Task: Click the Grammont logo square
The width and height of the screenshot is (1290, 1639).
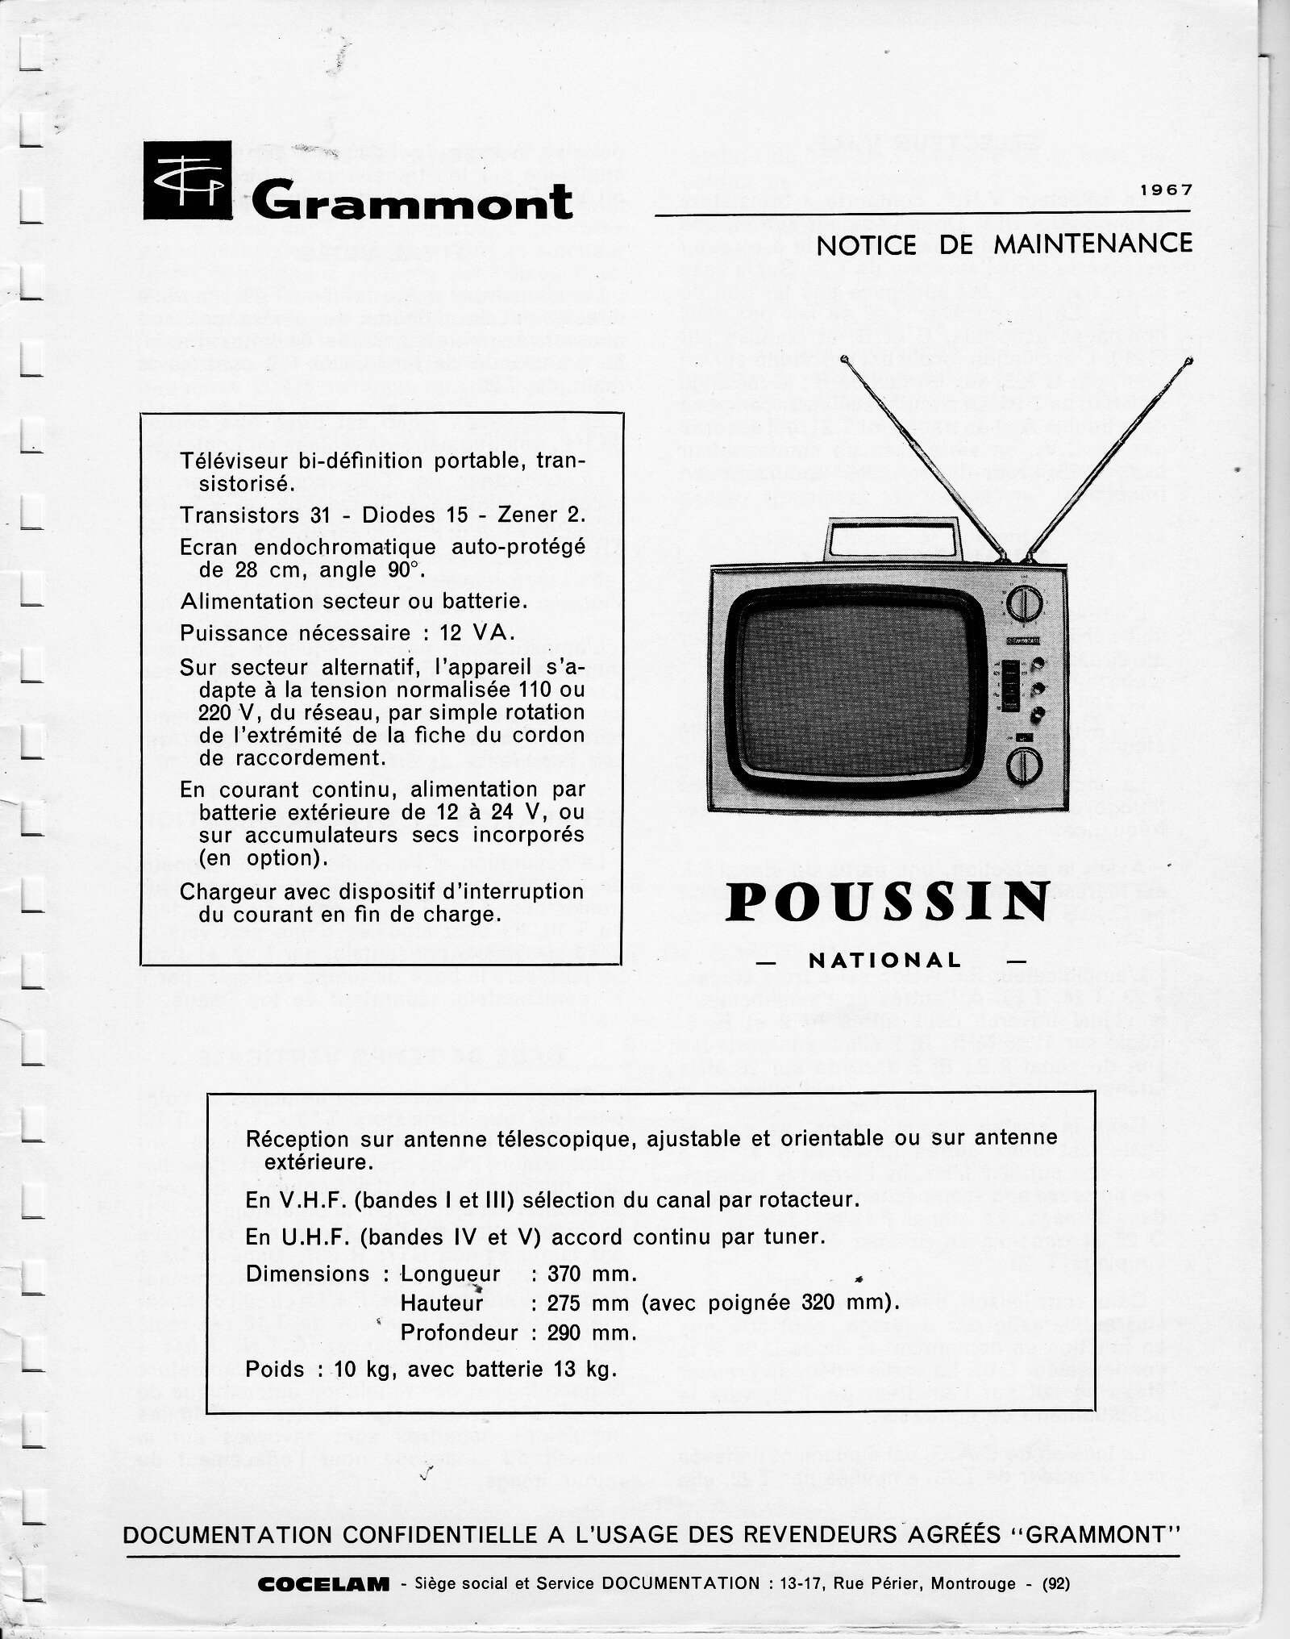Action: pos(187,180)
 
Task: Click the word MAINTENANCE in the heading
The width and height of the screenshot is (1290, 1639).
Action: pos(1092,244)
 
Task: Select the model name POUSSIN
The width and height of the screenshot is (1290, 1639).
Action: pos(888,902)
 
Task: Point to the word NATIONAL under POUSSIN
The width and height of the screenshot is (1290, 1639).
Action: pos(884,960)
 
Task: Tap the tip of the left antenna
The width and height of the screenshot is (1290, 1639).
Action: pos(844,358)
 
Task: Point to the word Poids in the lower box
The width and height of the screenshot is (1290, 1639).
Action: pos(275,1370)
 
